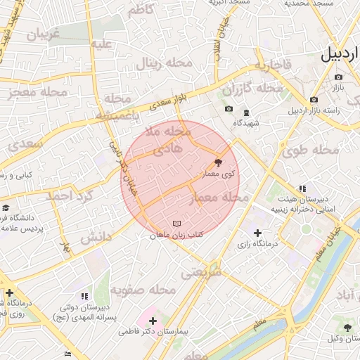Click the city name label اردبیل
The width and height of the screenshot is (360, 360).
tap(340, 55)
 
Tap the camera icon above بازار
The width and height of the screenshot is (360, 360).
tap(338, 77)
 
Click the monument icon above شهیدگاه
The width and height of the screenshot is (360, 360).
tap(246, 112)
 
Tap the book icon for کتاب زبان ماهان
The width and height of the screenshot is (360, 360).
tap(176, 224)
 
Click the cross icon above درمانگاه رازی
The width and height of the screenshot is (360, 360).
tap(257, 233)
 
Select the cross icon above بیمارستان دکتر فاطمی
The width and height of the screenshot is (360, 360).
tap(153, 321)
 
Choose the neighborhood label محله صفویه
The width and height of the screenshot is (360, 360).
tap(151, 289)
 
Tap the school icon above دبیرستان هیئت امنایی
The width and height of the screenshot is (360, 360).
tap(302, 188)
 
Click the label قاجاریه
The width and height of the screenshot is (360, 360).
tap(273, 65)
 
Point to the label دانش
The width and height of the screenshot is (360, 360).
tap(96, 238)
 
